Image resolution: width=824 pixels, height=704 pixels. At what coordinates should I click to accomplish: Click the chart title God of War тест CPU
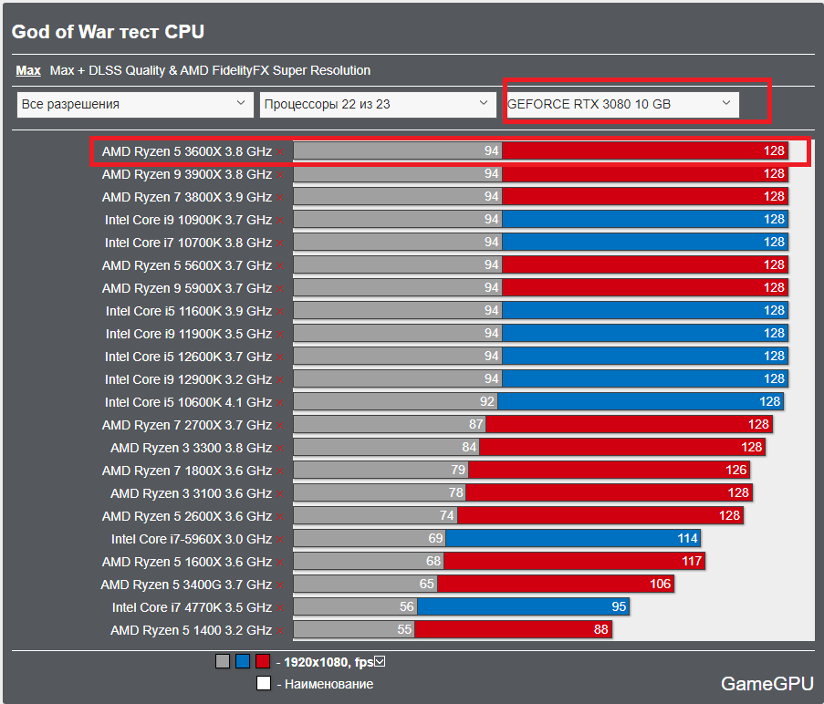point(108,32)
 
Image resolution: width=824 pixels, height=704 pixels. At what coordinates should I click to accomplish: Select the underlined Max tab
point(28,70)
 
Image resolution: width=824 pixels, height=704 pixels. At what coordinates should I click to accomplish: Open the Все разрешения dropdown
point(135,104)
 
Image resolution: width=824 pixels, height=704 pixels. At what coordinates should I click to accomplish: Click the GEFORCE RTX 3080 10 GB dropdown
point(621,104)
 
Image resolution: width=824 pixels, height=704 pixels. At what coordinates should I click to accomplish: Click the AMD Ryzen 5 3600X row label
point(186,151)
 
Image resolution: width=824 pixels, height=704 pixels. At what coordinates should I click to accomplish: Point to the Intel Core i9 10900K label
point(188,220)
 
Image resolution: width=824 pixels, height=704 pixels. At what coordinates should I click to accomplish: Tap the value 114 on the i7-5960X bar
point(688,539)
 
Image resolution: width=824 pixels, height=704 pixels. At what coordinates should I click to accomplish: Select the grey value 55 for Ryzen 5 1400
point(404,630)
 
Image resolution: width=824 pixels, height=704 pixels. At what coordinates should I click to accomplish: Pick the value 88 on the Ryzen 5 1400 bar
point(600,630)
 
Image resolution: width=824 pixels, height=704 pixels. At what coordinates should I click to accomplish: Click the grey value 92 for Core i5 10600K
point(486,402)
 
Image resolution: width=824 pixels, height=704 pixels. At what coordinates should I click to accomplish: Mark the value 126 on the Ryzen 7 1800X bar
point(736,471)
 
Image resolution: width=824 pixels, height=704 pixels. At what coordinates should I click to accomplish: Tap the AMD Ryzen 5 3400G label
point(186,585)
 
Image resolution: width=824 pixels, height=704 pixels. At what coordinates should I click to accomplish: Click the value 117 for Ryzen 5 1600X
point(692,562)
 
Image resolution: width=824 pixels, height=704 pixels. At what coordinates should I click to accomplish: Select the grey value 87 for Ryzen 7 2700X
point(475,425)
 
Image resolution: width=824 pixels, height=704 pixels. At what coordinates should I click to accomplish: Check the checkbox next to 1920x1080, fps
point(381,661)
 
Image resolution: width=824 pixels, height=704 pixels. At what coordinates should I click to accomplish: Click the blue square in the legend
point(243,662)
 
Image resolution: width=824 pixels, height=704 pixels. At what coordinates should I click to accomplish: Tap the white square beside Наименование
point(264,684)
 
